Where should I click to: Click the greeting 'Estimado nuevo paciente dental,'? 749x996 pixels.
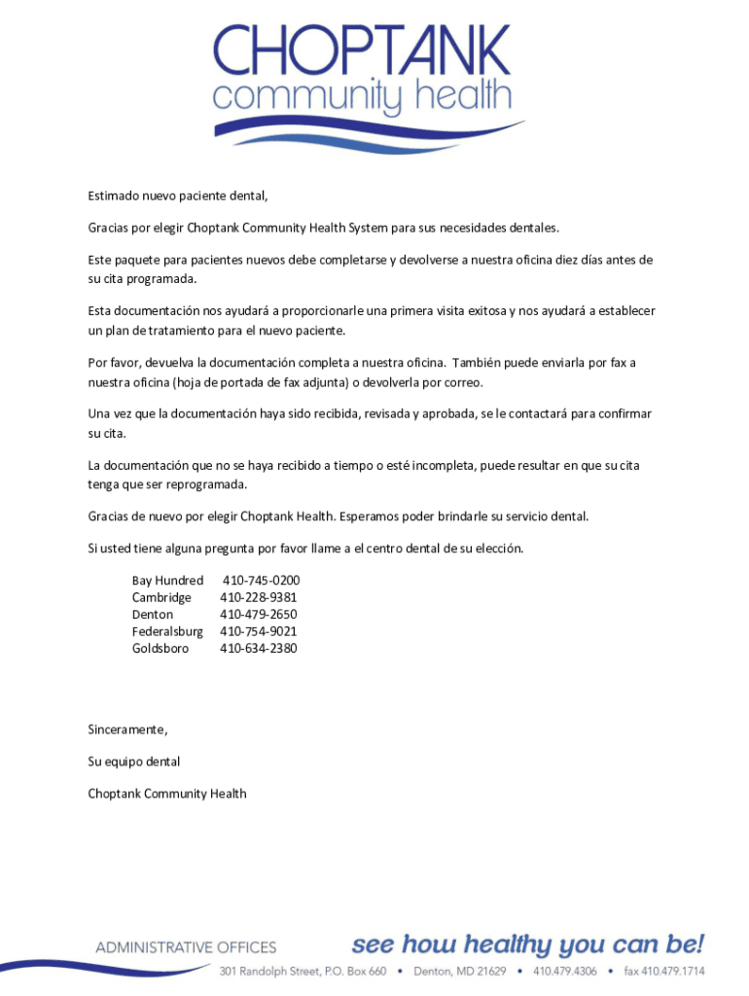pos(178,196)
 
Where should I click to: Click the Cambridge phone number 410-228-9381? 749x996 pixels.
pos(259,597)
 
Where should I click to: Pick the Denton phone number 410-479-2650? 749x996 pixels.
pos(259,615)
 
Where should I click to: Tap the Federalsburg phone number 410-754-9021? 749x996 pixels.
pos(259,631)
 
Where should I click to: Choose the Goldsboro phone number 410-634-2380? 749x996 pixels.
pos(259,648)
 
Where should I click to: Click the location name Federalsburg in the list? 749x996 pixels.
pos(167,631)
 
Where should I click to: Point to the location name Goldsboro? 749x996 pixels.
pos(160,648)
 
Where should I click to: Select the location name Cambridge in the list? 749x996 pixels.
pos(161,597)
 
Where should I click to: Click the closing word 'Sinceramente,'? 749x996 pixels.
pos(127,729)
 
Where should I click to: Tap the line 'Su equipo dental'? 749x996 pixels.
pos(134,761)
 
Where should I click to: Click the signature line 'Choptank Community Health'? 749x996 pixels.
pos(167,794)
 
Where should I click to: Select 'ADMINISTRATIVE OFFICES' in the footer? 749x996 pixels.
pos(186,947)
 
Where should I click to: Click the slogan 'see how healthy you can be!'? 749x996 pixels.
pos(528,944)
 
